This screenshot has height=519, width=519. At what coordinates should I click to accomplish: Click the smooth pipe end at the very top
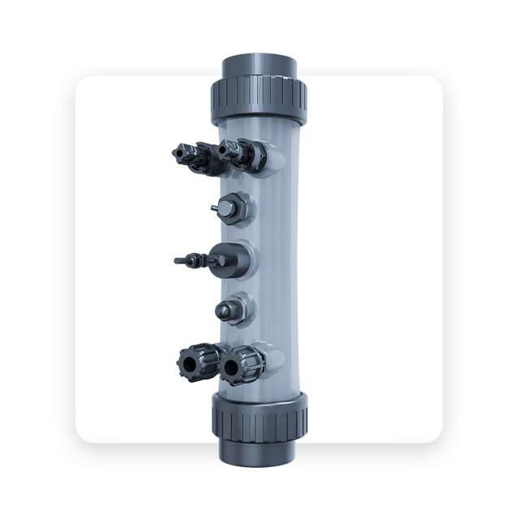(259, 65)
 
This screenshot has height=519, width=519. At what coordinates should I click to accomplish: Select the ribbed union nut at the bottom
(259, 415)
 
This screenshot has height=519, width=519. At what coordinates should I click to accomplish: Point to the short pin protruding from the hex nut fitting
(213, 208)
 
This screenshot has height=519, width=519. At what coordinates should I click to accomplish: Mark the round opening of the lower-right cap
(232, 367)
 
